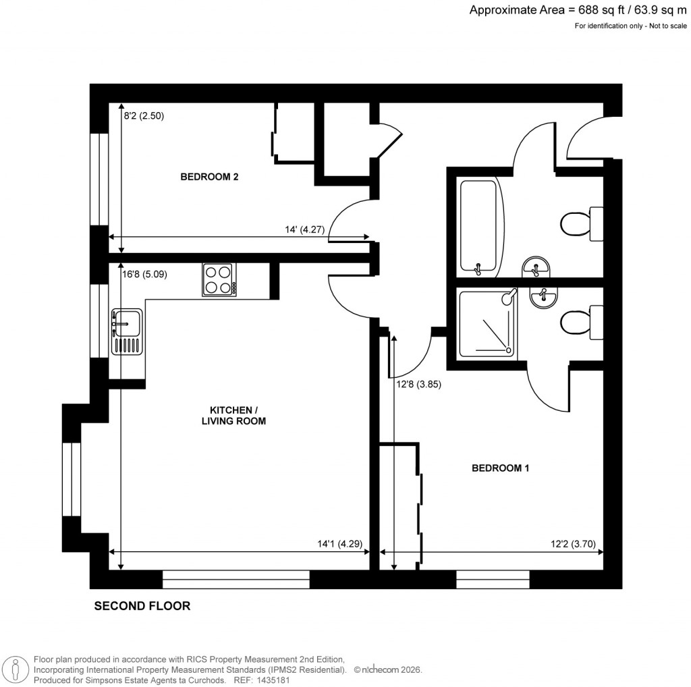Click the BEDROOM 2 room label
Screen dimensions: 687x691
(x=209, y=177)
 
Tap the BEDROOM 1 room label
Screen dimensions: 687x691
(x=499, y=468)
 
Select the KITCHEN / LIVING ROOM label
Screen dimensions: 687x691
(x=233, y=415)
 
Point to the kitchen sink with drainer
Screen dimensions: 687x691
(x=126, y=331)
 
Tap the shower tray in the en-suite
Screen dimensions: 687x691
(x=488, y=323)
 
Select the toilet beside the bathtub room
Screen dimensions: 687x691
(x=579, y=223)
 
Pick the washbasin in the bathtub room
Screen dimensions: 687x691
(x=537, y=267)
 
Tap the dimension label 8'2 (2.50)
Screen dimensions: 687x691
(x=144, y=115)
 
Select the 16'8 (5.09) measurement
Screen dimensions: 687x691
(x=144, y=275)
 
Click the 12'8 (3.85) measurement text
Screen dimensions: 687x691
(x=418, y=385)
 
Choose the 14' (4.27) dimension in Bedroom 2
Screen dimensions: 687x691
(x=305, y=229)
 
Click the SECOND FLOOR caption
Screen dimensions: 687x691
(x=142, y=606)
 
